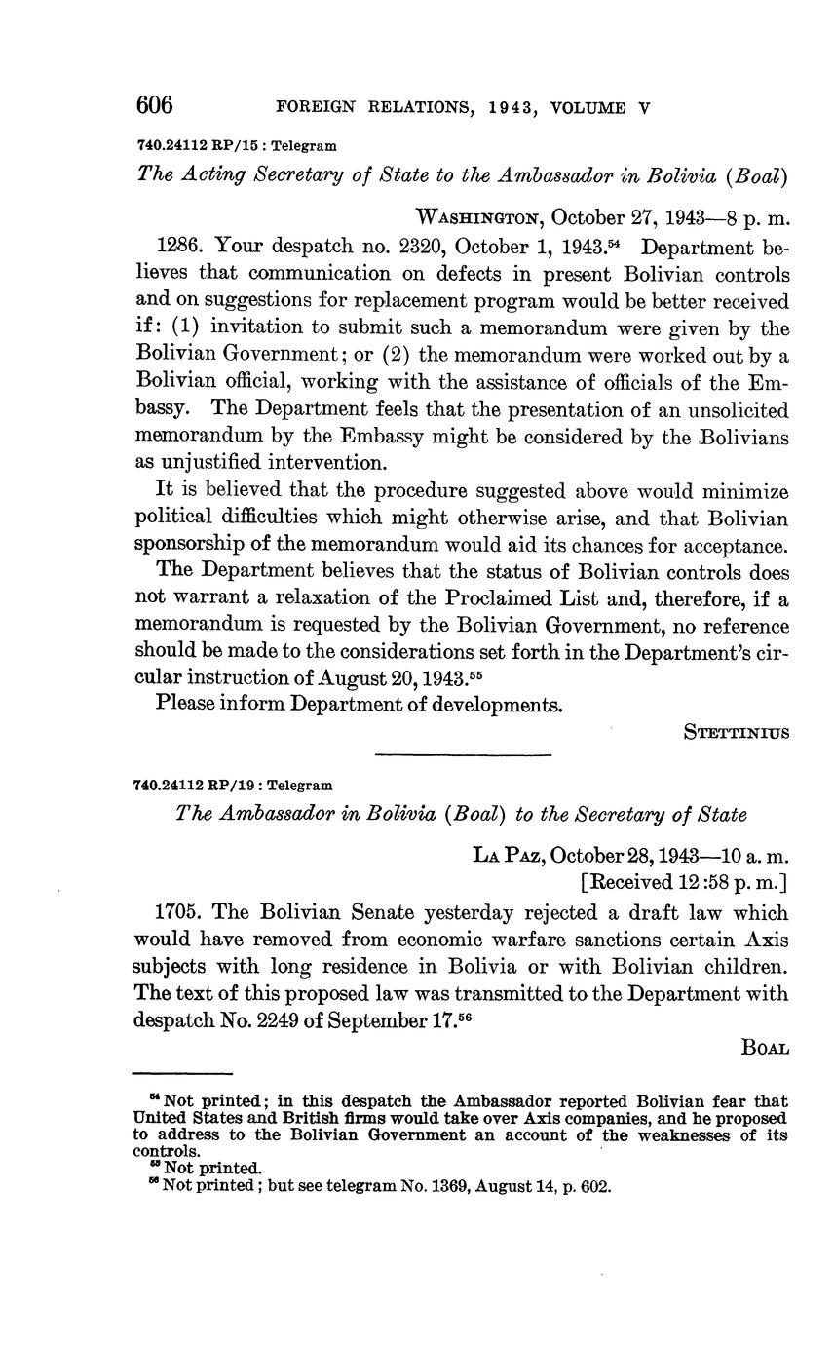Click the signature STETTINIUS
coord(737,730)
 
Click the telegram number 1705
coord(179,913)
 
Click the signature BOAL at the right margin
coord(765,1049)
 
